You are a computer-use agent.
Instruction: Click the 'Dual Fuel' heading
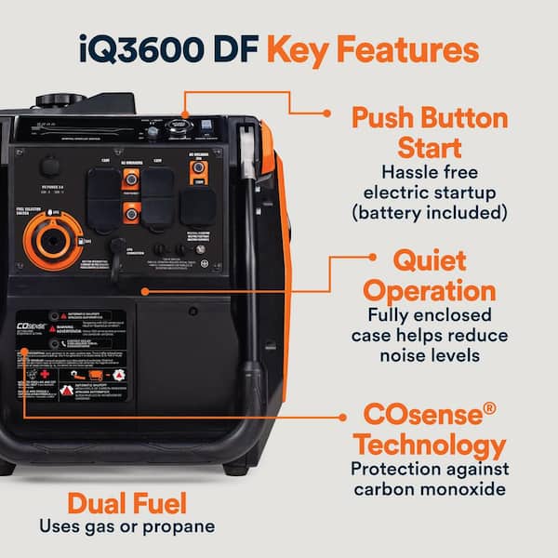pos(126,504)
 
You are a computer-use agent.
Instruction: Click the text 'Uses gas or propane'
pos(126,527)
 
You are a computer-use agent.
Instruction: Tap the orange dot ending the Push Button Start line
pos(326,113)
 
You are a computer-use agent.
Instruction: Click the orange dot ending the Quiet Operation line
pos(371,254)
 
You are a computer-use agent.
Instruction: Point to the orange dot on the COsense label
pos(23,352)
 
